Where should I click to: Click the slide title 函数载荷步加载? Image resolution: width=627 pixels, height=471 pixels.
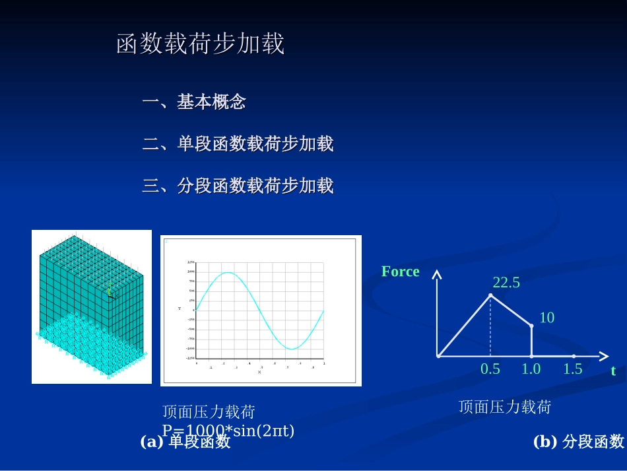tap(200, 44)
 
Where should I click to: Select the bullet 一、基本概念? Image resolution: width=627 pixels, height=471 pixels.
tap(194, 102)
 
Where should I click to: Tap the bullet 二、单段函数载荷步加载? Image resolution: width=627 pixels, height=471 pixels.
tap(238, 144)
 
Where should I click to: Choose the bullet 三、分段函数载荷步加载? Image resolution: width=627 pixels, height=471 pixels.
tap(238, 186)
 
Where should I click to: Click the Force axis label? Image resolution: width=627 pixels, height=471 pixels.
tap(400, 272)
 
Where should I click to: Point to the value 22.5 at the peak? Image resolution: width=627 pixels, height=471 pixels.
tap(506, 283)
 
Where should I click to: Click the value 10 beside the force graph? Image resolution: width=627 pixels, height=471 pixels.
tap(546, 318)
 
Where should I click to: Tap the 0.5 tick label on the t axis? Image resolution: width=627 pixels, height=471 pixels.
tap(490, 369)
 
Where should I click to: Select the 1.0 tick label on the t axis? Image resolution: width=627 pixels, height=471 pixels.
tap(531, 369)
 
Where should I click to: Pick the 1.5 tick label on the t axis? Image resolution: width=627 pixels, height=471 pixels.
tap(572, 369)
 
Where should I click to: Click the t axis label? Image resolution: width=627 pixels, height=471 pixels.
tap(613, 371)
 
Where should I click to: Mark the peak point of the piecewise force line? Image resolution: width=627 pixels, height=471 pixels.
tap(490, 295)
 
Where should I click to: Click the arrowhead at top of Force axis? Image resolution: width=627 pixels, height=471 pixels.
tap(436, 273)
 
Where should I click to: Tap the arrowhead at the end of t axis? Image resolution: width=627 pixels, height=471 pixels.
tap(604, 356)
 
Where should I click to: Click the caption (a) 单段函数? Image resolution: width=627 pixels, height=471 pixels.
tap(185, 442)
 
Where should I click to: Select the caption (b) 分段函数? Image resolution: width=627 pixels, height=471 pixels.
tap(578, 442)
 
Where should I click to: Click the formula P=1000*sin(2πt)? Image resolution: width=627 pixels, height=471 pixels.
tap(228, 431)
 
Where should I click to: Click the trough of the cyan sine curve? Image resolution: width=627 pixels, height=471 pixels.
tap(292, 348)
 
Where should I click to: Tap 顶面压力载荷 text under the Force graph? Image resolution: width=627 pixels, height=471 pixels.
tap(504, 407)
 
